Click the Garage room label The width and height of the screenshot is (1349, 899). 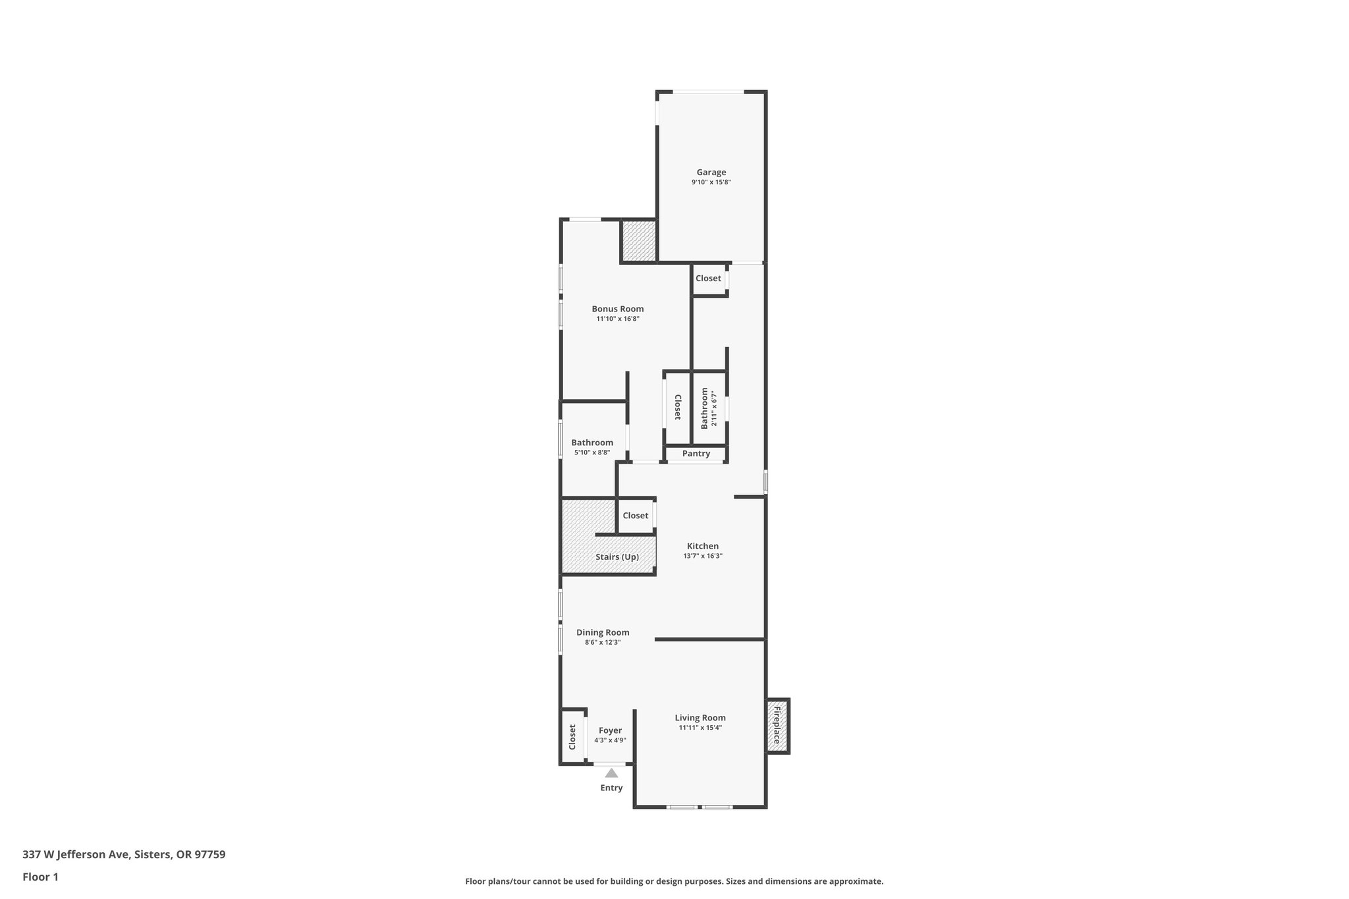[x=711, y=173]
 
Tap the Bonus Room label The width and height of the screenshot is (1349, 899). [x=617, y=309]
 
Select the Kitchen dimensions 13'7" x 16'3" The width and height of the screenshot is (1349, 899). [x=703, y=556]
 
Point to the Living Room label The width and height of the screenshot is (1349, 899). [x=700, y=718]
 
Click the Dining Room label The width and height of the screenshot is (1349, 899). [x=603, y=632]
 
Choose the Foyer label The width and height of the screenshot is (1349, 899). [x=610, y=730]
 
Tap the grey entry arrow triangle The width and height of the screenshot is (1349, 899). [x=611, y=773]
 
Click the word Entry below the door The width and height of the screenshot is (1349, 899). [x=611, y=788]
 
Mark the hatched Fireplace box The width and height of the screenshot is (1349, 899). [x=778, y=726]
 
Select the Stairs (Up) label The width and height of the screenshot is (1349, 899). [x=617, y=557]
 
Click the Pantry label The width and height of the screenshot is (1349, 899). [x=696, y=453]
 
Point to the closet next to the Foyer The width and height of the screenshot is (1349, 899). [x=572, y=736]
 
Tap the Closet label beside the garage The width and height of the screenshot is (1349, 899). [x=708, y=278]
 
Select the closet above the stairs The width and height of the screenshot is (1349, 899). [x=636, y=516]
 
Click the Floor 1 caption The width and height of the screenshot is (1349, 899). [x=40, y=877]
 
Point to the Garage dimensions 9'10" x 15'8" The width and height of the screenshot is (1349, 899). [x=711, y=182]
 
